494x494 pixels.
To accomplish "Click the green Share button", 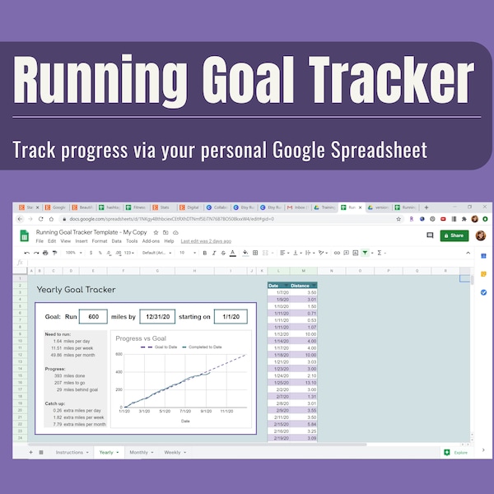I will pyautogui.click(x=454, y=235).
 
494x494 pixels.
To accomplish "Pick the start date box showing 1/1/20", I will pyautogui.click(x=230, y=317).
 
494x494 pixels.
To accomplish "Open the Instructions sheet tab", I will pyautogui.click(x=70, y=452).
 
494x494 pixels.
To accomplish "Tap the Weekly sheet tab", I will pyautogui.click(x=174, y=452).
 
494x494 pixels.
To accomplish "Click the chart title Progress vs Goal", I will pyautogui.click(x=141, y=338).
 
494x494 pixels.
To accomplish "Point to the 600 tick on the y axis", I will pyautogui.click(x=119, y=355).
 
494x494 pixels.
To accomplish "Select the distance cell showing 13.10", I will pyautogui.click(x=304, y=382).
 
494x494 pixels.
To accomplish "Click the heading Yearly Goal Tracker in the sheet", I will pyautogui.click(x=77, y=290).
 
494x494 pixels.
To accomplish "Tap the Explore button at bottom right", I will pyautogui.click(x=458, y=452).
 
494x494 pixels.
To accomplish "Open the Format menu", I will pyautogui.click(x=100, y=241).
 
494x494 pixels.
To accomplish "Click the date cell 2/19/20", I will pyautogui.click(x=279, y=437).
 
